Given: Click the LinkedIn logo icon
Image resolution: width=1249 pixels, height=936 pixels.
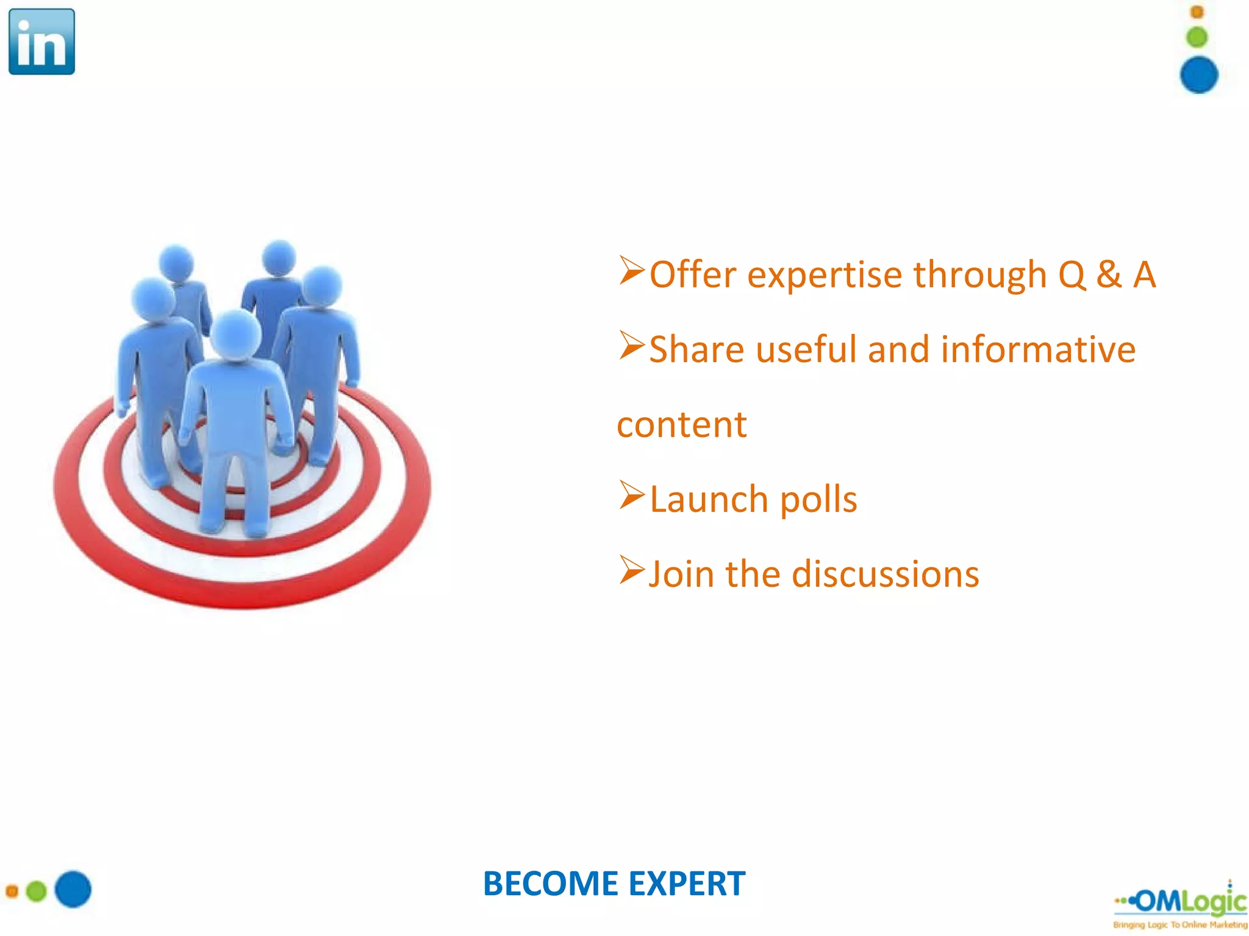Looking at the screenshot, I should coord(41,41).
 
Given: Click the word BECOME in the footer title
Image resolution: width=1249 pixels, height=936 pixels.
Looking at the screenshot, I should coord(551,884).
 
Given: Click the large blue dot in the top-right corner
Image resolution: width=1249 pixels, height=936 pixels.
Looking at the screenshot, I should coord(1198,75).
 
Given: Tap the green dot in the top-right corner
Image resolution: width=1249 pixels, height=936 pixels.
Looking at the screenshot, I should coord(1197,37).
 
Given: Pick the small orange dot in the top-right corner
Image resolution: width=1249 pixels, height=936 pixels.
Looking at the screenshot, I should coord(1197,12).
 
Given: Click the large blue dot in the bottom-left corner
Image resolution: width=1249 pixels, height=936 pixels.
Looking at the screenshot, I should coord(73,889).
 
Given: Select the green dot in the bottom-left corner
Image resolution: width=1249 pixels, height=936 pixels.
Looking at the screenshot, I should coord(37,892).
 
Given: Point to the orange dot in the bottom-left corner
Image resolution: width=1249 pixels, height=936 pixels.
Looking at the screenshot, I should coord(12,892).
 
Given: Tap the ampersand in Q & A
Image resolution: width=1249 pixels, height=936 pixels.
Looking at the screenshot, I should coord(1109,274).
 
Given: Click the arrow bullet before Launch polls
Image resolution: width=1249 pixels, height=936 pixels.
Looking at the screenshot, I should coord(631,495).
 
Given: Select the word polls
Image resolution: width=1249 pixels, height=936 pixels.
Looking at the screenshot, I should coord(818,500).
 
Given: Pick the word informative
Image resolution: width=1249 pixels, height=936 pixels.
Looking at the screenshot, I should coord(1038,350).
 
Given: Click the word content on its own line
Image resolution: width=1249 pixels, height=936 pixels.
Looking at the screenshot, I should coord(681,425).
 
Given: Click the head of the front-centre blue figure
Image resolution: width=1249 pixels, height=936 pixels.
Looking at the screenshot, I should coord(235,334).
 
